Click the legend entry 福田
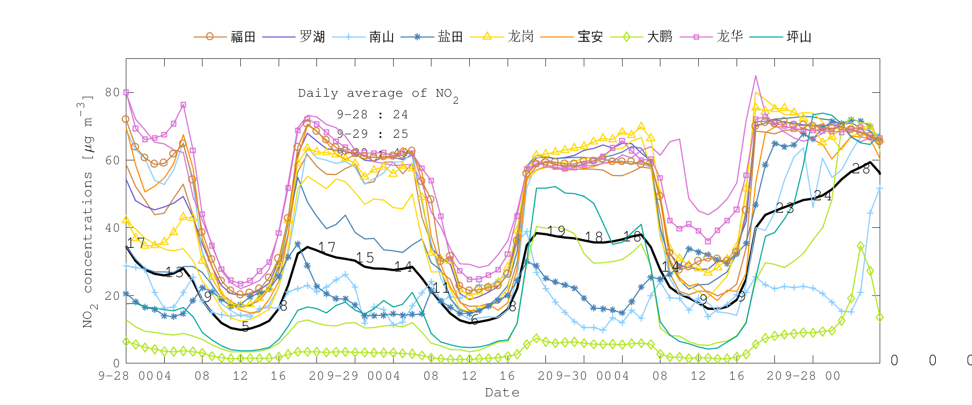coord(242,37)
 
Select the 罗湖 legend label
coord(312,37)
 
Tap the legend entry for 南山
coord(381,37)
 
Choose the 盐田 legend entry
coord(450,37)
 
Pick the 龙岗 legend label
coord(521,37)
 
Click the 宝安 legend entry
coord(590,37)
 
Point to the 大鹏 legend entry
coord(659,37)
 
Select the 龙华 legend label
coord(730,37)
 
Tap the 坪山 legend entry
coord(799,37)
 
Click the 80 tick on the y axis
coord(112,92)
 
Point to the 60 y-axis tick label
coord(112,160)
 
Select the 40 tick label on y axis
coord(112,228)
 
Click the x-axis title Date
coord(502,393)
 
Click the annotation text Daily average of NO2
coord(378,94)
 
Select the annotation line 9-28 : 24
coord(372,114)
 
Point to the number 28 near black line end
coord(861,169)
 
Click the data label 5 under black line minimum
coord(246,327)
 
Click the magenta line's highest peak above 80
coord(755,76)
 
